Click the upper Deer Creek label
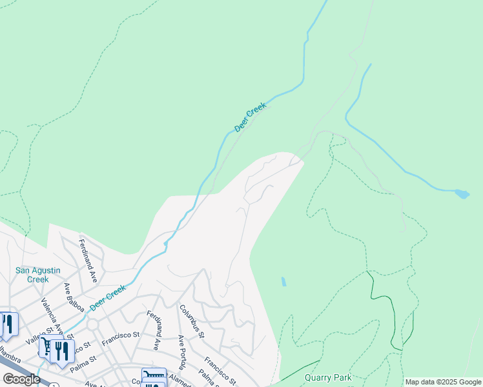point(250,117)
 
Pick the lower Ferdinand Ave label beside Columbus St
point(153,330)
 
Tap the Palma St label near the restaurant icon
point(83,358)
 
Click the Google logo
point(21,379)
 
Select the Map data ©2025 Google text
point(443,382)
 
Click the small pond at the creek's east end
point(462,193)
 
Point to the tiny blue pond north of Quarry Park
point(283,282)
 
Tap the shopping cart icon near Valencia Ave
point(46,347)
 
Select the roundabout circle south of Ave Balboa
point(92,324)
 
